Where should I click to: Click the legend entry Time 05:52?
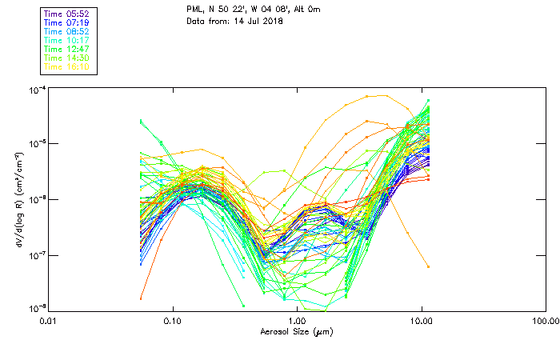68,14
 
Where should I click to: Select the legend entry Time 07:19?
68,22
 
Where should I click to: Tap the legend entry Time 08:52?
68,31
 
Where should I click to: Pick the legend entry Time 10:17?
68,40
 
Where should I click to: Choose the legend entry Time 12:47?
68,49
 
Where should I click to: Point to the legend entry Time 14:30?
68,58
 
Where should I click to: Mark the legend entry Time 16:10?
68,66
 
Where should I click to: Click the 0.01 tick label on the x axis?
49,321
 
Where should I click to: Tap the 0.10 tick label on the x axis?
173,321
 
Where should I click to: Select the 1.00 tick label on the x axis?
297,321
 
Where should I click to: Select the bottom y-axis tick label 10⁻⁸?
37,308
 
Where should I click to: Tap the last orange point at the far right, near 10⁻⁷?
429,266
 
